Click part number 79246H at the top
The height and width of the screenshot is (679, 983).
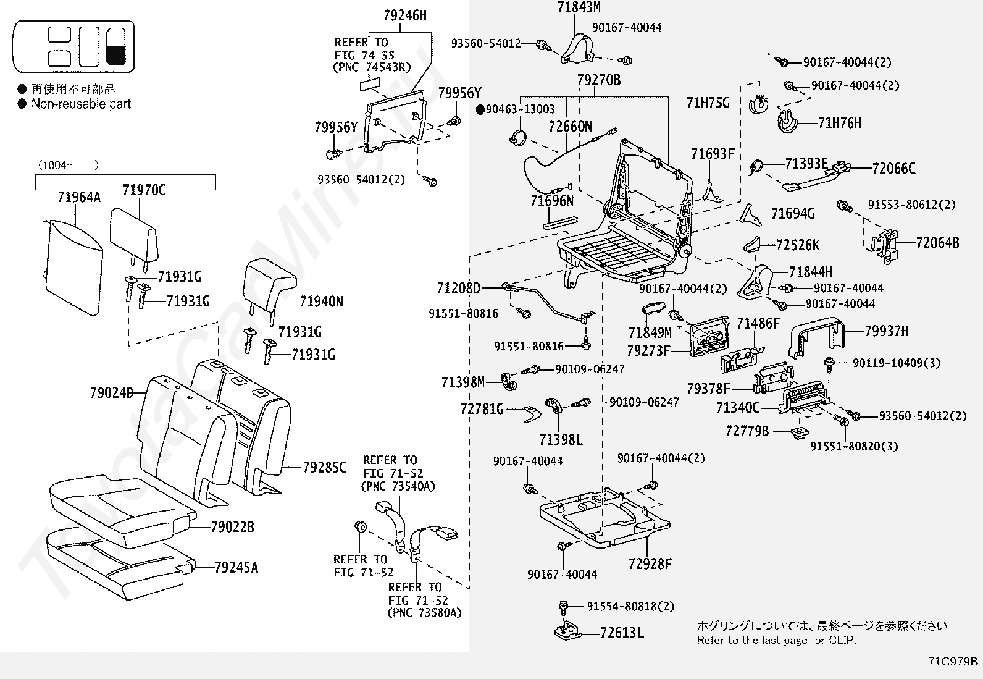coord(404,15)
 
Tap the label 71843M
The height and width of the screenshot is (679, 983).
coord(579,7)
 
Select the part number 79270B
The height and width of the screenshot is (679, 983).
coord(598,80)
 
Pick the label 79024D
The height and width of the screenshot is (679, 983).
coord(112,393)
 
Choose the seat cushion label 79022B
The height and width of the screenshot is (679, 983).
coord(232,527)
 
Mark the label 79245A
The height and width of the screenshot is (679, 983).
coord(236,567)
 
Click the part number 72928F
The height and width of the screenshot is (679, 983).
coord(650,563)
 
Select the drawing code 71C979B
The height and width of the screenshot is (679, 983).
coord(953,661)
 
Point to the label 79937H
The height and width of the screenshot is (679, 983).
coord(887,331)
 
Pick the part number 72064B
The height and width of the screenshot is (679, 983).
coord(937,243)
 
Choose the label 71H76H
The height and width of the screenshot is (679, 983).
coord(840,123)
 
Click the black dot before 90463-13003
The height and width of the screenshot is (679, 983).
coord(480,109)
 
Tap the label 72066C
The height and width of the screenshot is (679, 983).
coord(893,168)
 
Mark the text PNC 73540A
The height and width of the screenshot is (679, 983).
coord(398,486)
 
